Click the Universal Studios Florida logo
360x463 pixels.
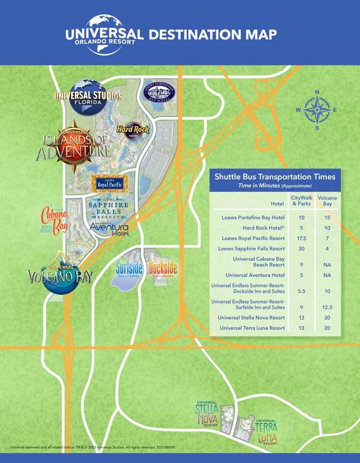(x=88, y=95)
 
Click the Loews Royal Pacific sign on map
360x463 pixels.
(x=109, y=183)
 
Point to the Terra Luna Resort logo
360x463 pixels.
(x=266, y=430)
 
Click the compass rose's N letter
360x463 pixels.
(x=317, y=92)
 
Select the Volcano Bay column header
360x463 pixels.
(x=327, y=201)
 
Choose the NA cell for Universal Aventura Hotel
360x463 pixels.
(x=327, y=275)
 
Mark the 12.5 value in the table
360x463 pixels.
(x=327, y=307)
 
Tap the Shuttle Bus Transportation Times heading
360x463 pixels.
(x=275, y=176)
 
